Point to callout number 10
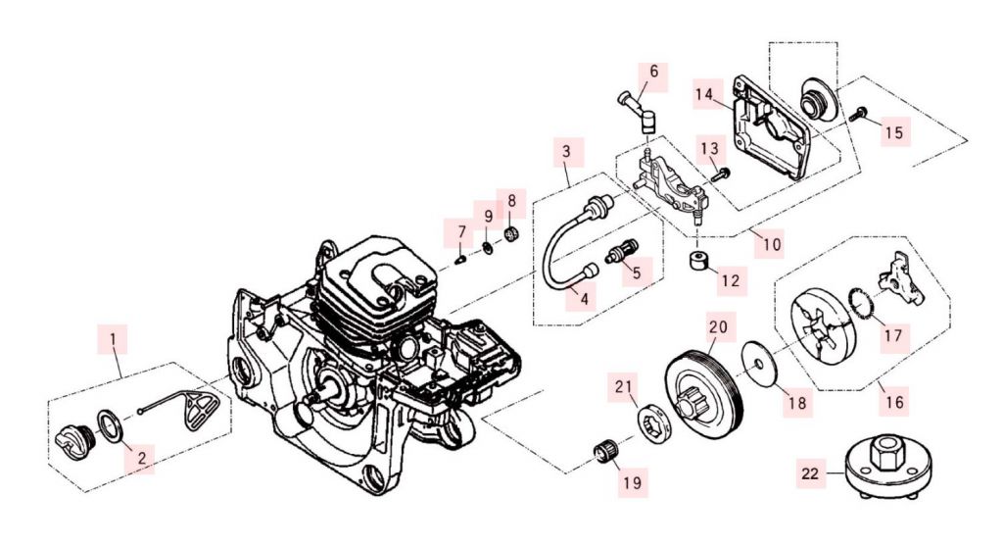(772, 244)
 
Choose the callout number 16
(893, 400)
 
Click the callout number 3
(566, 152)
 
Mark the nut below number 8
(510, 233)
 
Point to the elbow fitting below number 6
(642, 120)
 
